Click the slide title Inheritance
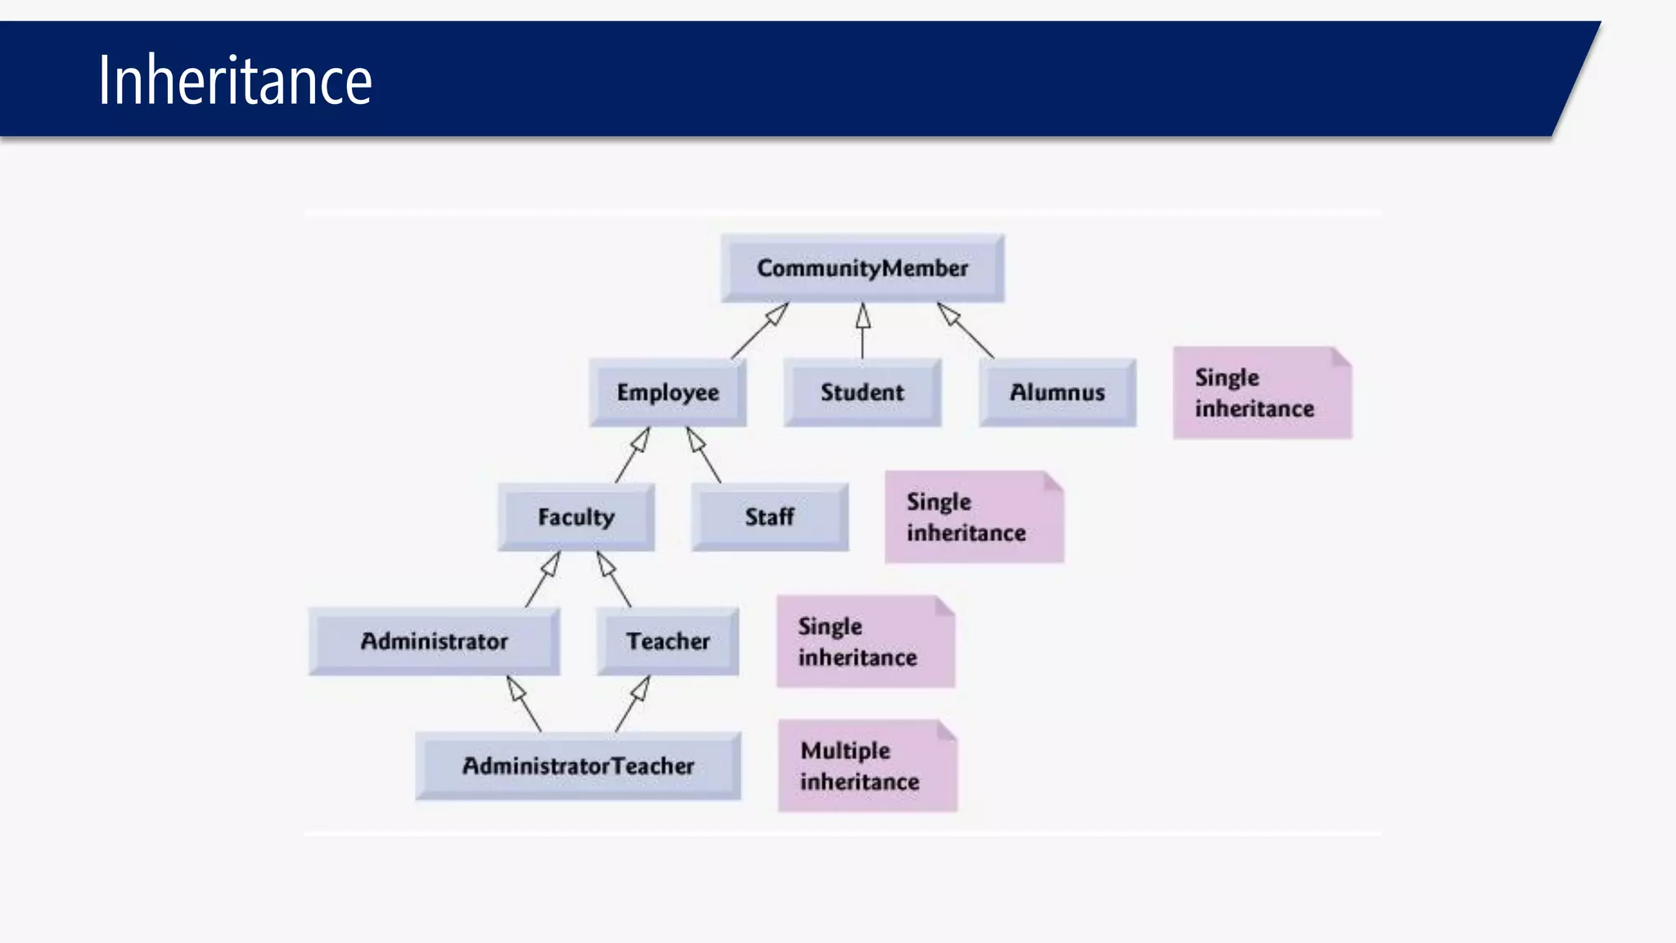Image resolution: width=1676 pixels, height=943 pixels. [235, 80]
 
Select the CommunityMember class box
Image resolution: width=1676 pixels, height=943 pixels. [863, 268]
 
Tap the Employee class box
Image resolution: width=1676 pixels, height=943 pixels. [668, 393]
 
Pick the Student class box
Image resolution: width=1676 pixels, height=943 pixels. [863, 393]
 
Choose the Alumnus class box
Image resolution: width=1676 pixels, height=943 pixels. [1057, 393]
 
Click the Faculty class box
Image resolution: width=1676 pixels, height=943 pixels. [576, 517]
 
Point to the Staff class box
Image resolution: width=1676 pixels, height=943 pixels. [769, 517]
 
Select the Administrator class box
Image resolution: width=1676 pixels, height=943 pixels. [435, 642]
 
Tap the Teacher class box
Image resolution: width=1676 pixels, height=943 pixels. [668, 642]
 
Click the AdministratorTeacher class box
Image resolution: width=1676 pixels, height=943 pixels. [579, 766]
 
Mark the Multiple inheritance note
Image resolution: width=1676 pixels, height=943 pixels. [867, 766]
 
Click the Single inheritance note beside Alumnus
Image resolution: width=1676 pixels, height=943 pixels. [1262, 393]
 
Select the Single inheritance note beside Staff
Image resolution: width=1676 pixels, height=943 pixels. [974, 517]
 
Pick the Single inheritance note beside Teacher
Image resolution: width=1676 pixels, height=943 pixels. [866, 642]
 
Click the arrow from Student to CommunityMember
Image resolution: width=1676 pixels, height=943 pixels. [863, 332]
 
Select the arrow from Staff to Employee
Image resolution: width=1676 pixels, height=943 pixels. [704, 455]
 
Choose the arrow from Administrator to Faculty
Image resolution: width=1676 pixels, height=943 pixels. [543, 580]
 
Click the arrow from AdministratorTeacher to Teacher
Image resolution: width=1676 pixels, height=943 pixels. [633, 704]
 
